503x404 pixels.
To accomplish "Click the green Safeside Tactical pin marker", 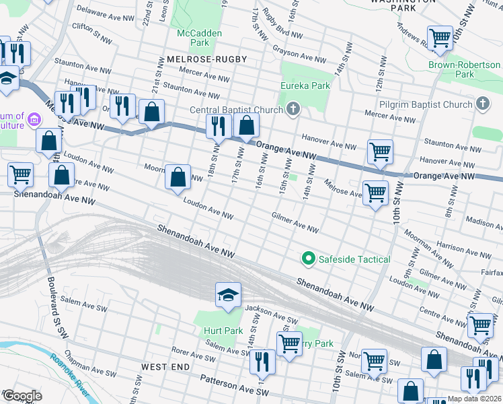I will tap(309, 259).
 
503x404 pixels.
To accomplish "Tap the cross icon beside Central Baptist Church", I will tap(293, 109).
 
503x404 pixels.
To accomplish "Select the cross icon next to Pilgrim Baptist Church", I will tap(482, 104).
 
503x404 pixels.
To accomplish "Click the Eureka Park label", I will tap(305, 86).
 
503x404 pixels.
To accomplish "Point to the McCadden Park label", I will tap(193, 38).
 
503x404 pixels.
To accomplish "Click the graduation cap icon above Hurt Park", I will tap(228, 295).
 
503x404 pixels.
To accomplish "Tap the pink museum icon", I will tap(34, 121).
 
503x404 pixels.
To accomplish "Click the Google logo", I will tap(22, 396).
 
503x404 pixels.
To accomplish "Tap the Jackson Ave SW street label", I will tap(271, 313).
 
